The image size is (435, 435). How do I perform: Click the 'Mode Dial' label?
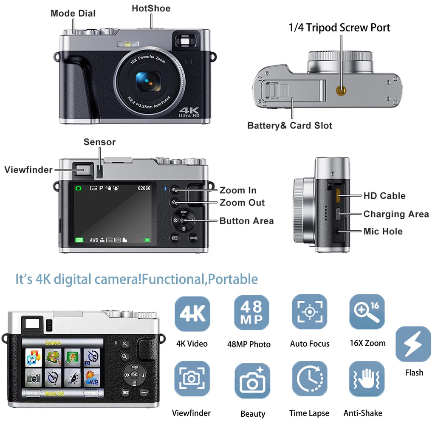(x=73, y=13)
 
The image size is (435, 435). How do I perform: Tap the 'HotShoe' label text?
(x=151, y=8)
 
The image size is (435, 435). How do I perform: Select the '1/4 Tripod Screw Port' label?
(x=339, y=28)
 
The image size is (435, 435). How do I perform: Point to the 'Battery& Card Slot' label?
(x=290, y=125)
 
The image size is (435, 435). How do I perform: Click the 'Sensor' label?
(x=99, y=142)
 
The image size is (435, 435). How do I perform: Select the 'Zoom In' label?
(x=238, y=190)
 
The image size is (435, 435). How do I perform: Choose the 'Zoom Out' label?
(x=242, y=203)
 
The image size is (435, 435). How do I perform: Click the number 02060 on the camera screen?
(x=144, y=188)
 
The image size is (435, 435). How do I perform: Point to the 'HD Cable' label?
(x=384, y=196)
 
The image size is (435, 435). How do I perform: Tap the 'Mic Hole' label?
(x=383, y=231)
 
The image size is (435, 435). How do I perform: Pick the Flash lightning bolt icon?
(x=413, y=344)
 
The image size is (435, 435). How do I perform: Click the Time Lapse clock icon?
(x=309, y=379)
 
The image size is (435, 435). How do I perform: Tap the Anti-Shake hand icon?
(x=366, y=379)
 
